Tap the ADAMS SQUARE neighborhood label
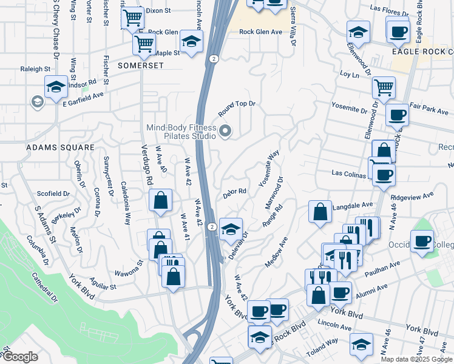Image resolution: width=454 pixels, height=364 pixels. pyautogui.click(x=60, y=147)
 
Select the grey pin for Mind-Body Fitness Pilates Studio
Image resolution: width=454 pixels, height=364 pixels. pyautogui.click(x=226, y=130)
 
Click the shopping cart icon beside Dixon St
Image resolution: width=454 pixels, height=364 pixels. pyautogui.click(x=132, y=18)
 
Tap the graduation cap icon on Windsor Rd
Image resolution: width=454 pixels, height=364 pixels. pyautogui.click(x=56, y=87)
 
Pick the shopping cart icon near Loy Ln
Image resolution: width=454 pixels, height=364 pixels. pyautogui.click(x=384, y=87)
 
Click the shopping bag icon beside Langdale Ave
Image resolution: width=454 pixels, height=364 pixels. pyautogui.click(x=320, y=212)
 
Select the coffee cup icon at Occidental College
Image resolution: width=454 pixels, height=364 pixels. pyautogui.click(x=422, y=241)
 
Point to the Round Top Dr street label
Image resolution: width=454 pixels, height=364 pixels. pyautogui.click(x=237, y=108)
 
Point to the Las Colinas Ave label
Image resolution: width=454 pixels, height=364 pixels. pyautogui.click(x=348, y=173)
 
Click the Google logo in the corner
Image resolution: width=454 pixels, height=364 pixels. pyautogui.click(x=20, y=356)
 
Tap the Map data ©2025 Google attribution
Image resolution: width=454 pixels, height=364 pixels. pyautogui.click(x=416, y=359)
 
